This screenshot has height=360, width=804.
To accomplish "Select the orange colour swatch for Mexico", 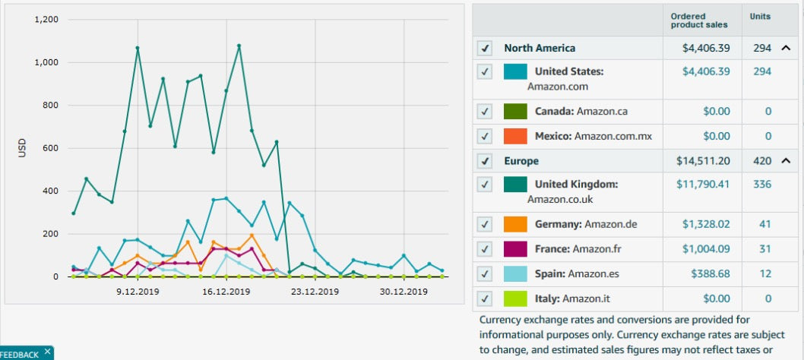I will click(x=515, y=136).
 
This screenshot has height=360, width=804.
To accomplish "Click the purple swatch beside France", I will click(x=515, y=249).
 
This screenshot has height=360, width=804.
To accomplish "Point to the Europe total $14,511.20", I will click(x=703, y=161).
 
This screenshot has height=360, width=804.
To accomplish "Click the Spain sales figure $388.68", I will click(x=710, y=273).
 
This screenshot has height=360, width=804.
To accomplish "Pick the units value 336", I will click(x=762, y=185).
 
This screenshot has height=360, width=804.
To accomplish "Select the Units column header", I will click(x=760, y=16).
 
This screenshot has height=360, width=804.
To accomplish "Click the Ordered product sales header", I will click(x=698, y=21).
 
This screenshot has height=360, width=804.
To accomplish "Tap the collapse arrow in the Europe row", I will click(x=786, y=161).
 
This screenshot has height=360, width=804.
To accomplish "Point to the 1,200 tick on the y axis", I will click(x=46, y=19).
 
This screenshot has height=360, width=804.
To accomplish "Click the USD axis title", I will click(x=22, y=148).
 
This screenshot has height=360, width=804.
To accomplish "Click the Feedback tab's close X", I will click(x=47, y=351).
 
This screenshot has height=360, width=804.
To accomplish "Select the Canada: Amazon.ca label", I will click(x=581, y=112).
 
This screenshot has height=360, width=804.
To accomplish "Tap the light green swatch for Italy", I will click(x=515, y=298).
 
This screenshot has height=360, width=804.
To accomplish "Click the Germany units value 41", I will click(x=762, y=224).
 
